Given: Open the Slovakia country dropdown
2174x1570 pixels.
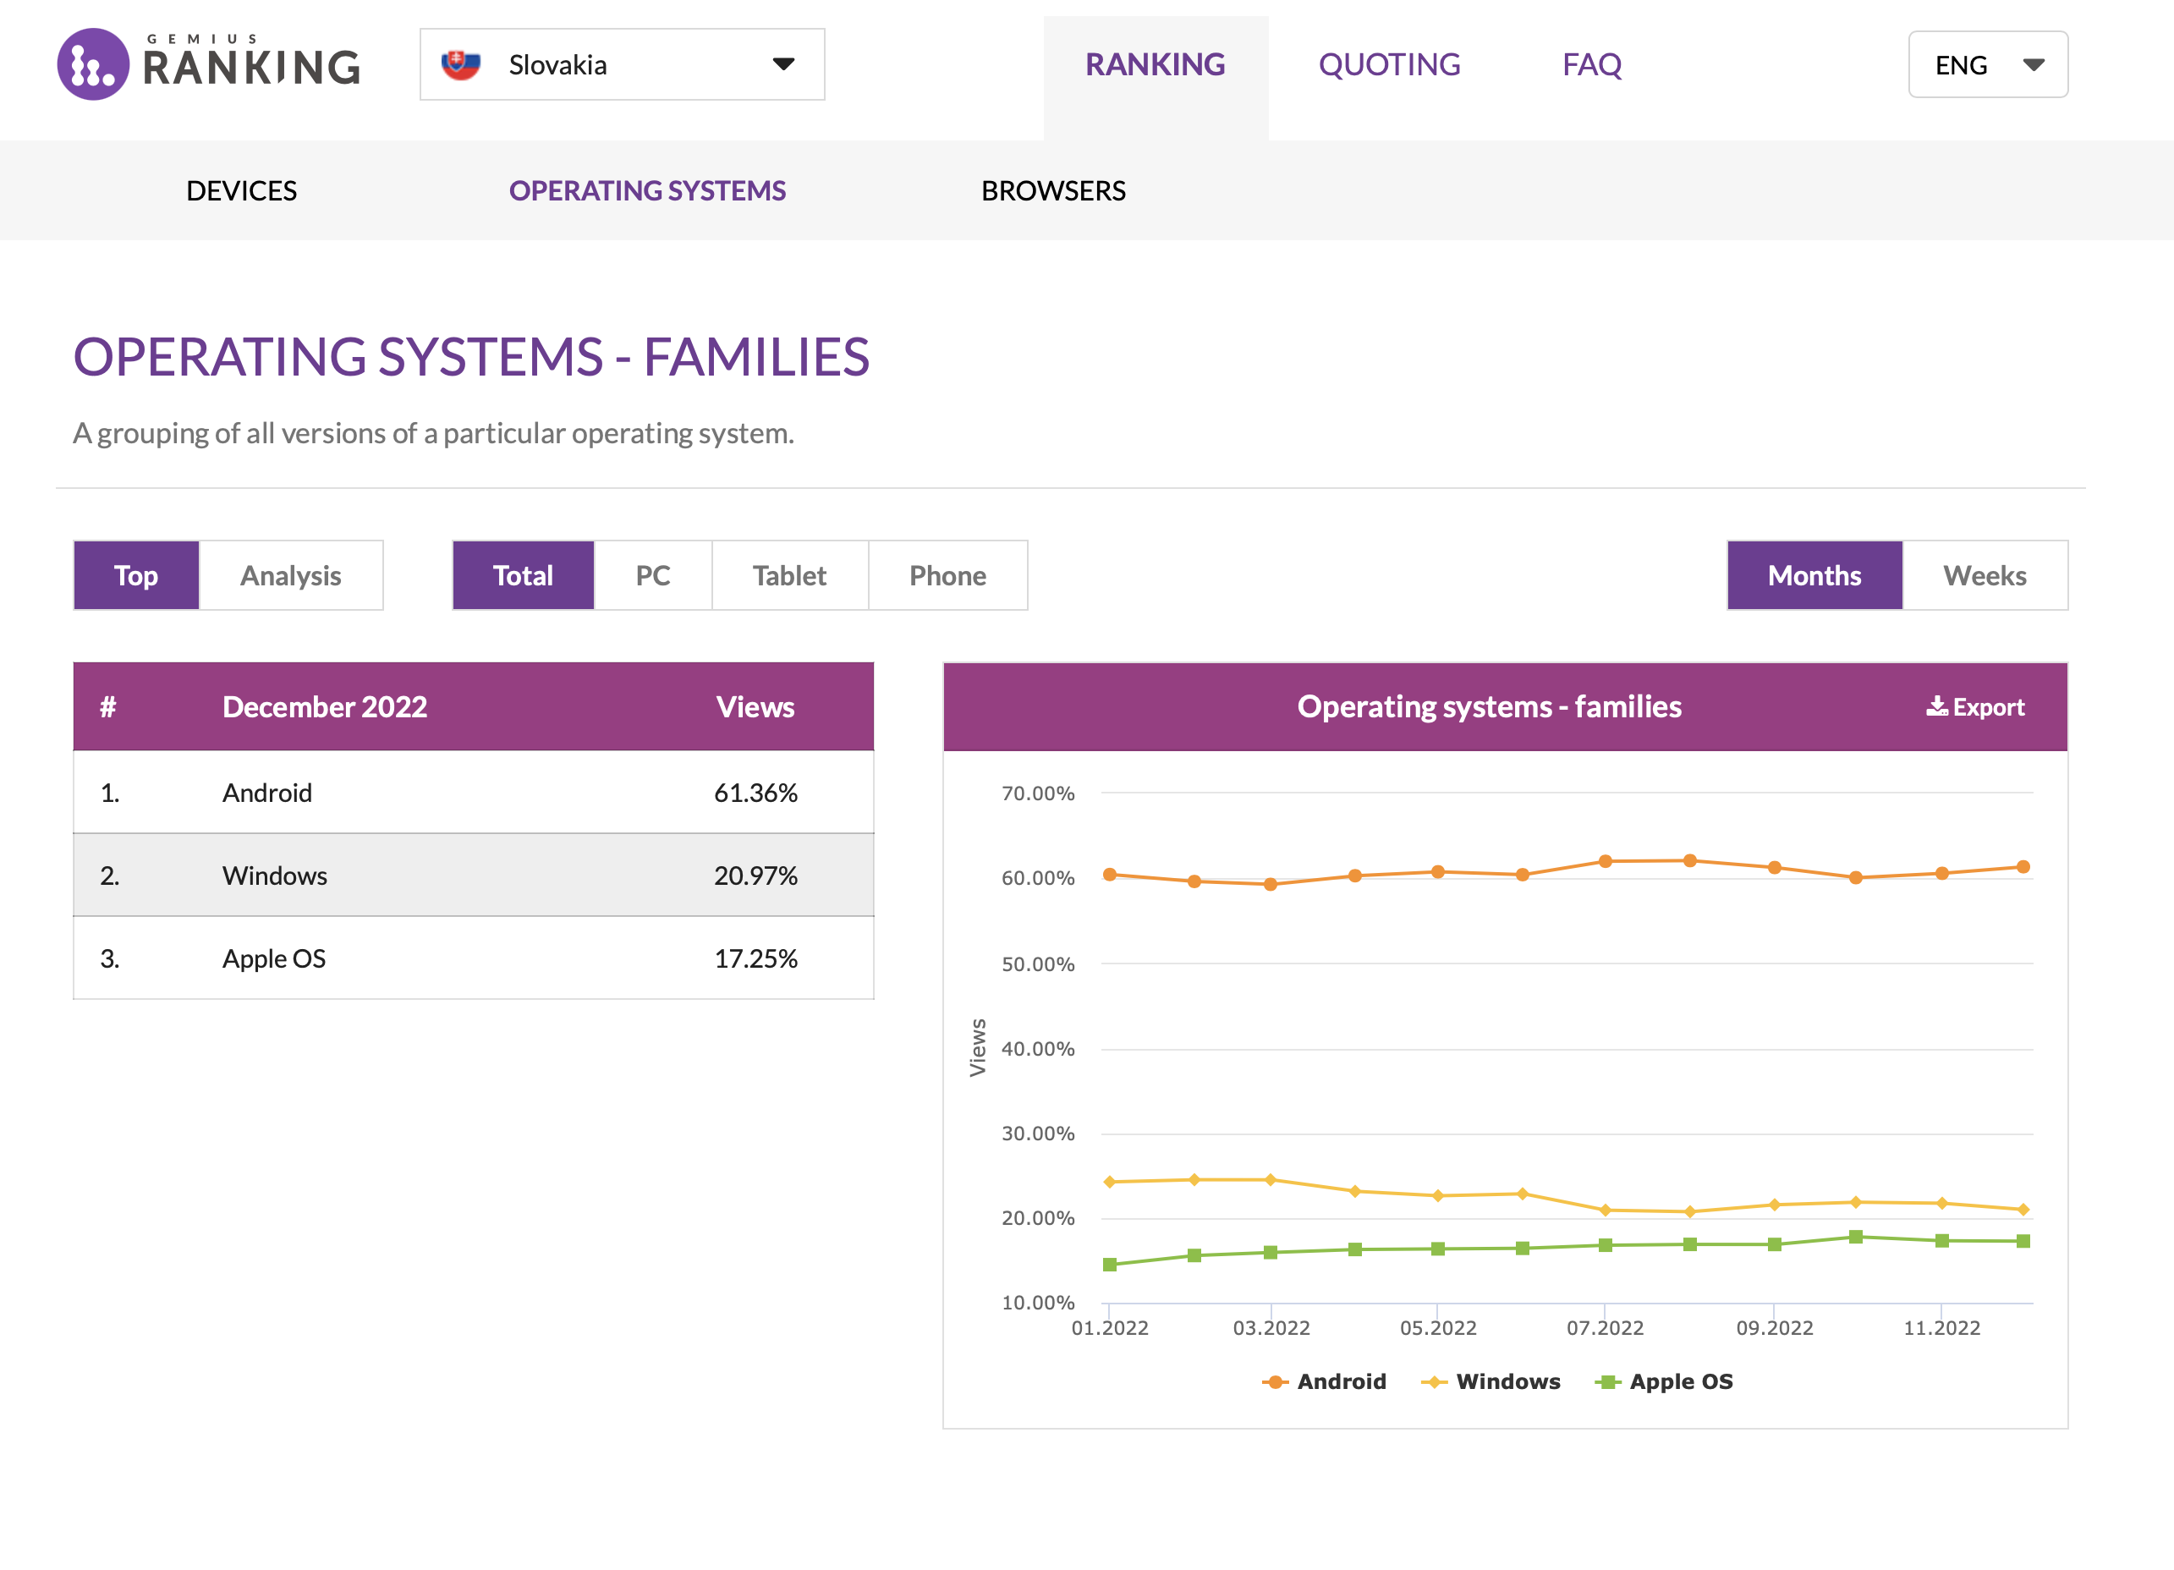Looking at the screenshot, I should [x=621, y=64].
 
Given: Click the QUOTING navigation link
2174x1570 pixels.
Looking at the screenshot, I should [x=1389, y=64].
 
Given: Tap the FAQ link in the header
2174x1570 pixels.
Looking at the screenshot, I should [x=1591, y=64].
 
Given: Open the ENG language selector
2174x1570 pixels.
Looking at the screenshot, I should [x=1987, y=64].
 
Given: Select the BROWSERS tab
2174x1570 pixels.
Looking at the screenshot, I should [x=1052, y=190].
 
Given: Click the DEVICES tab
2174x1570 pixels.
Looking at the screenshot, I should [x=242, y=190].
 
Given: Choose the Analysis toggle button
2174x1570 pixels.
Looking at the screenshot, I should [x=290, y=575].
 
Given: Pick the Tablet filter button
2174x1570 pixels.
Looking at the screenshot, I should [x=789, y=575].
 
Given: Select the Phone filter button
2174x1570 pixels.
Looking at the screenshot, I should [x=947, y=575].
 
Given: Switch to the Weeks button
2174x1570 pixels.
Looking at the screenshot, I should [x=1985, y=575].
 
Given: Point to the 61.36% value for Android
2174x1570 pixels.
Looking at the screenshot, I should [x=755, y=793].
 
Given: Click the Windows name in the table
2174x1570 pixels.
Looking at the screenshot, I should [x=274, y=876].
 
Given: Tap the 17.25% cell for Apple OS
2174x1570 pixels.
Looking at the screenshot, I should [x=755, y=958].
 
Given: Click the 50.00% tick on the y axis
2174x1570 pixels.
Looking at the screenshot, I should [x=1037, y=964].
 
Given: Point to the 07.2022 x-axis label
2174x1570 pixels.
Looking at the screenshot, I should [x=1605, y=1327].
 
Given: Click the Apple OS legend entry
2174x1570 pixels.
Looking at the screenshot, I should [x=1664, y=1381].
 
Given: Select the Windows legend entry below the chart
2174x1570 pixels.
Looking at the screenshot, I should [x=1491, y=1381].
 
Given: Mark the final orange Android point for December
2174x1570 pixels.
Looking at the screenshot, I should [x=2023, y=866].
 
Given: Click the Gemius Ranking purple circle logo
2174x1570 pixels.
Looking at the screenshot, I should [x=93, y=64].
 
